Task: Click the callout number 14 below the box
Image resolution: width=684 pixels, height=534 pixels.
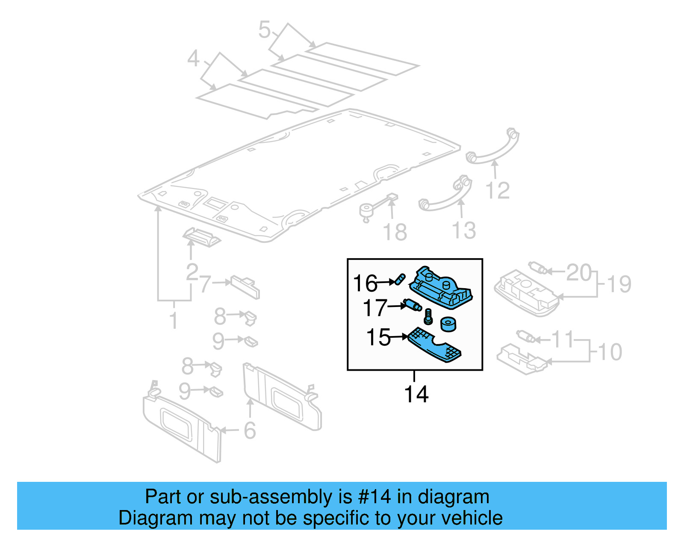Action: (x=416, y=394)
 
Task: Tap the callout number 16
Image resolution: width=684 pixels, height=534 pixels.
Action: (x=365, y=283)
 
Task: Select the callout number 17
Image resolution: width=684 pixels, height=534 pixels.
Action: (x=374, y=307)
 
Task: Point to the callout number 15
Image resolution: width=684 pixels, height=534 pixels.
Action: (x=378, y=337)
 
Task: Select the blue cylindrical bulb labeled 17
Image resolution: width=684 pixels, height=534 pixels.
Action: (x=413, y=305)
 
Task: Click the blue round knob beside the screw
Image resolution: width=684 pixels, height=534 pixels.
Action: (x=448, y=324)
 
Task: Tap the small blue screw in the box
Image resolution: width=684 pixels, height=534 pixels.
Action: (x=428, y=317)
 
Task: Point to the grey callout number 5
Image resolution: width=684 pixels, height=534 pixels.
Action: (x=265, y=30)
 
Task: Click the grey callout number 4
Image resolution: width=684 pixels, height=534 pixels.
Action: (x=193, y=59)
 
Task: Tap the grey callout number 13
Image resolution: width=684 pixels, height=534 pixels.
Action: (x=464, y=230)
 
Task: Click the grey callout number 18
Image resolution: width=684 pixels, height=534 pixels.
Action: (x=395, y=232)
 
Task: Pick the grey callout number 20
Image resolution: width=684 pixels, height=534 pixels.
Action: (x=579, y=272)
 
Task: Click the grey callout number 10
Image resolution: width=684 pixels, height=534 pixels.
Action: (x=610, y=352)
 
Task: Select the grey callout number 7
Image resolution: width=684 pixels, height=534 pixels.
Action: (x=205, y=284)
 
